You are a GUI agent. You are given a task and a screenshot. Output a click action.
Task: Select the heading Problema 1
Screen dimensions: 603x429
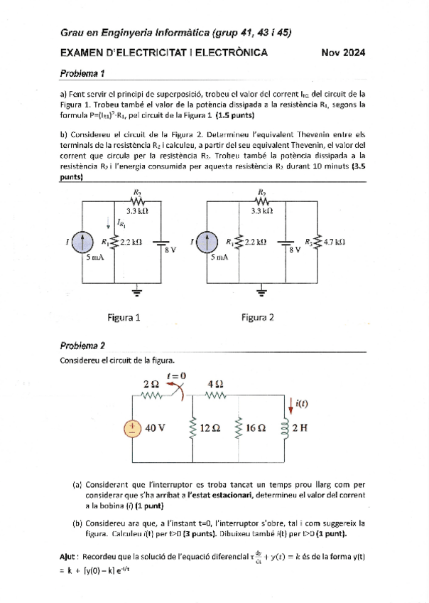click(x=82, y=73)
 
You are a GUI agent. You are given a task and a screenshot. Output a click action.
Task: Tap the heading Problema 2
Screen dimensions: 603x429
click(x=82, y=346)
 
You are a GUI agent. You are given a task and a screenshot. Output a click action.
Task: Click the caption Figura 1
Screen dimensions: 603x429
click(x=124, y=317)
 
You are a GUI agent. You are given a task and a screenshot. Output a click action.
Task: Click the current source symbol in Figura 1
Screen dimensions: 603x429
click(x=82, y=243)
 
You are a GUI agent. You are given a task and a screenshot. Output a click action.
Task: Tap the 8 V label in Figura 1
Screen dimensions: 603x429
click(x=170, y=250)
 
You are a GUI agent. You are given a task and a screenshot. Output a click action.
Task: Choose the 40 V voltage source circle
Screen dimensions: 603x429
click(x=132, y=428)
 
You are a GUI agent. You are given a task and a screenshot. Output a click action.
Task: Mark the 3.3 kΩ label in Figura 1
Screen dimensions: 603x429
click(x=138, y=210)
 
